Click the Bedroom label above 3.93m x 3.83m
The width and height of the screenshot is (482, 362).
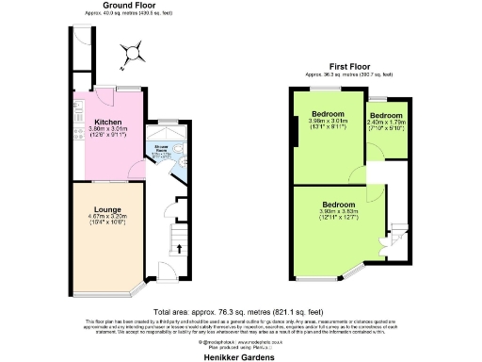click(x=338, y=205)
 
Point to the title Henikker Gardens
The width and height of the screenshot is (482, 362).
click(x=241, y=356)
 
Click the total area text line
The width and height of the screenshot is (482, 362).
click(x=241, y=310)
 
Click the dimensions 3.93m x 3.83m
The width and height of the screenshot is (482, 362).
click(x=338, y=212)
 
